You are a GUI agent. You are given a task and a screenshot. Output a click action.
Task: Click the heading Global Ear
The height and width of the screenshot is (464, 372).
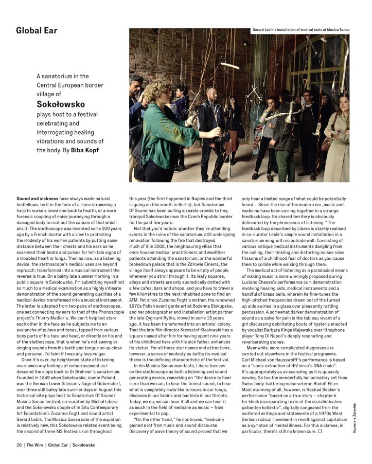click(x=38, y=30)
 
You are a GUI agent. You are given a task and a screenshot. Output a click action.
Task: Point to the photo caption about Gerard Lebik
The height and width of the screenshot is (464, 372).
click(x=301, y=30)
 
